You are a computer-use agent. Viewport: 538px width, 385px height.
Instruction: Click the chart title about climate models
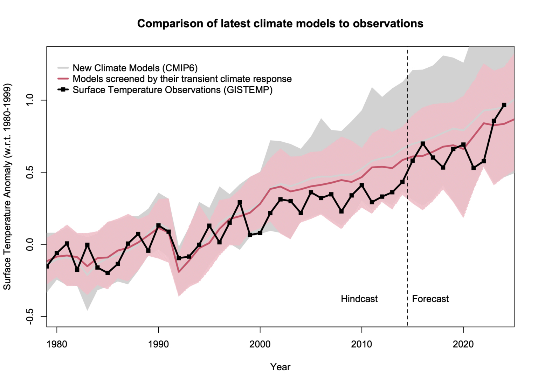pyautogui.click(x=280, y=23)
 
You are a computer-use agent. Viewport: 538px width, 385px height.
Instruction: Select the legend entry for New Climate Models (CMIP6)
pyautogui.click(x=135, y=68)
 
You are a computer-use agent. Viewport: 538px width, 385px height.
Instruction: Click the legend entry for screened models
pyautogui.click(x=182, y=79)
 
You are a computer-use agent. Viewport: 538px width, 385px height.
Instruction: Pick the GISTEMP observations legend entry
pyautogui.click(x=172, y=90)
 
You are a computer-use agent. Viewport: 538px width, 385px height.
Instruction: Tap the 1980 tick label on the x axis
pyautogui.click(x=57, y=344)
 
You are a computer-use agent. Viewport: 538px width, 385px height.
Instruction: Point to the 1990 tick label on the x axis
pyautogui.click(x=158, y=344)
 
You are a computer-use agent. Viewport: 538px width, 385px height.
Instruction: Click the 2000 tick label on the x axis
pyautogui.click(x=260, y=344)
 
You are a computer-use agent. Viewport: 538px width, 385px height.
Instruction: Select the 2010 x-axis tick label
pyautogui.click(x=361, y=344)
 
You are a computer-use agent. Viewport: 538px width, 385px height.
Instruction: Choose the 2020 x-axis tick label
pyautogui.click(x=463, y=344)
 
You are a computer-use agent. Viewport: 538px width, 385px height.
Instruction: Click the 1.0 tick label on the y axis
pyautogui.click(x=30, y=100)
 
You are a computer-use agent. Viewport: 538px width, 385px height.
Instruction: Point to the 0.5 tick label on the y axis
pyautogui.click(x=30, y=173)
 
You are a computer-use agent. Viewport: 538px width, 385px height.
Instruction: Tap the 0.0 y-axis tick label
pyautogui.click(x=30, y=244)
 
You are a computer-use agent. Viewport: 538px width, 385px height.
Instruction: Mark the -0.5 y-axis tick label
pyautogui.click(x=30, y=316)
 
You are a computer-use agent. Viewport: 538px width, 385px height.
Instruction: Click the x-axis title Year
pyautogui.click(x=280, y=367)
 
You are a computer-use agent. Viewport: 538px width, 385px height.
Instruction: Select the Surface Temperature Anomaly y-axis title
pyautogui.click(x=7, y=187)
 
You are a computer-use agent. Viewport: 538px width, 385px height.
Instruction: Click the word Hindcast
pyautogui.click(x=359, y=299)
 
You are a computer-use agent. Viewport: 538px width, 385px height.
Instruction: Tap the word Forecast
pyautogui.click(x=430, y=299)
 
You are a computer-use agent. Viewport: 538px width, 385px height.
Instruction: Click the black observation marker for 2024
pyautogui.click(x=504, y=105)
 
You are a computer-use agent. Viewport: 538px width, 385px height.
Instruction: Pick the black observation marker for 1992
pyautogui.click(x=179, y=258)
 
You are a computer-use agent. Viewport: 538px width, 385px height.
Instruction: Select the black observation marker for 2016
pyautogui.click(x=423, y=143)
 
